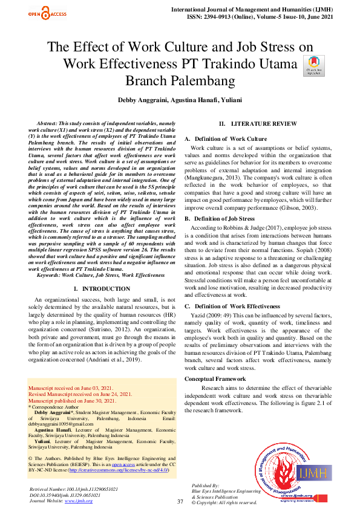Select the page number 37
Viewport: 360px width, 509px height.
(x=180, y=502)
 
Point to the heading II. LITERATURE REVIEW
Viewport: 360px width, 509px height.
(x=258, y=123)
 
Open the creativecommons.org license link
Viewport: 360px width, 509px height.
(x=118, y=469)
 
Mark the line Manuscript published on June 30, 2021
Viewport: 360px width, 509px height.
(x=72, y=400)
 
